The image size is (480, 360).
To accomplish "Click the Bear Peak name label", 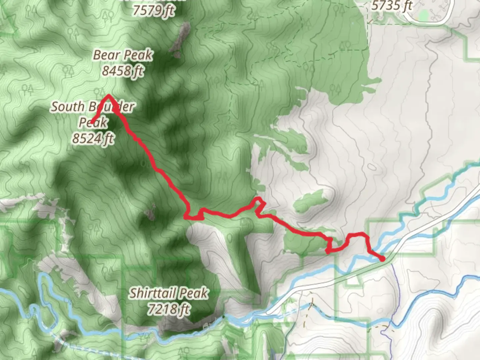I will [123, 55].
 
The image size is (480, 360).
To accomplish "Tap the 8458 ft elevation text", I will [123, 71].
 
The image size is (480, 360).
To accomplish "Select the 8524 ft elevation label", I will [93, 138].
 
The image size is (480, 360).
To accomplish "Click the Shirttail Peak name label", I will [169, 293].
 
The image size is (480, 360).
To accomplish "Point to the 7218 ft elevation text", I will [169, 309].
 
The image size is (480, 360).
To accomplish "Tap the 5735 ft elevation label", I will [392, 5].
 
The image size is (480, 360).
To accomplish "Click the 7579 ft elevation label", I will [153, 10].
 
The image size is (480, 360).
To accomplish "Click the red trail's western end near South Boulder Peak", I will [92, 122].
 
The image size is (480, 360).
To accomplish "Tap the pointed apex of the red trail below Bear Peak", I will [108, 96].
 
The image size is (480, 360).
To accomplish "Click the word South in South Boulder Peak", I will [67, 107].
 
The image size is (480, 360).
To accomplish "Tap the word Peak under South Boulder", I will [93, 122].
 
